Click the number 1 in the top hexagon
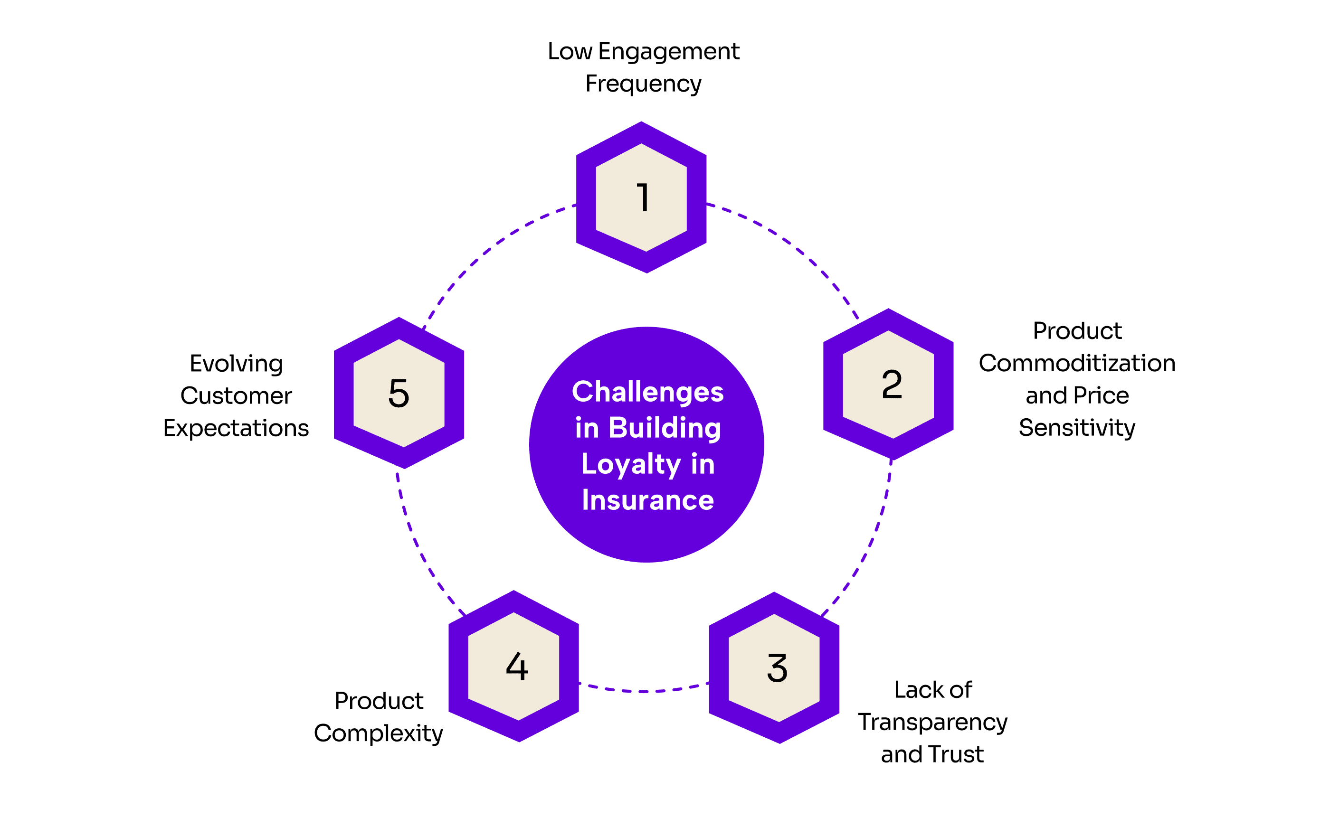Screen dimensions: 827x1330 pyautogui.click(x=642, y=197)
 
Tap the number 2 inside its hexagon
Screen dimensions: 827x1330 pyautogui.click(x=891, y=385)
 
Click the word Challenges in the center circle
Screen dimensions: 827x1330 pyautogui.click(x=647, y=392)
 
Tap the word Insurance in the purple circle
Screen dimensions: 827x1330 pyautogui.click(x=648, y=500)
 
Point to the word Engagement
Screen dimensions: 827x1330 pyautogui.click(x=668, y=52)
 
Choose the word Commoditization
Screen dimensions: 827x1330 pyautogui.click(x=1077, y=363)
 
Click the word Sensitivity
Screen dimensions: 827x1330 pyautogui.click(x=1077, y=428)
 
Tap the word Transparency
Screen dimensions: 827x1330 pyautogui.click(x=932, y=723)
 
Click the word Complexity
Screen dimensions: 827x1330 pyautogui.click(x=378, y=733)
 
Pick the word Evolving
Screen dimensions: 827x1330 pyautogui.click(x=237, y=364)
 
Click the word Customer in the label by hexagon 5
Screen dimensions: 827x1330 pyautogui.click(x=237, y=396)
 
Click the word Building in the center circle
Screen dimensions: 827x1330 pyautogui.click(x=664, y=428)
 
